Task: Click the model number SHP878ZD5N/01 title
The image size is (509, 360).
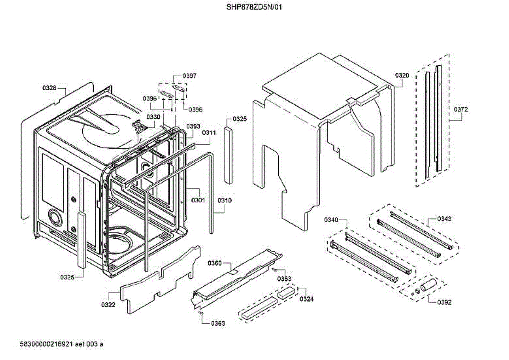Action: click(254, 7)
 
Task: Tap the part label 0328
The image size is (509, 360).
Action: click(49, 88)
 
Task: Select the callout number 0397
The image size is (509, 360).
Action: click(189, 75)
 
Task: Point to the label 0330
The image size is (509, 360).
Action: click(153, 117)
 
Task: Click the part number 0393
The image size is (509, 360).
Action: click(193, 126)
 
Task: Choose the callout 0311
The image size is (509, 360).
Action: click(209, 133)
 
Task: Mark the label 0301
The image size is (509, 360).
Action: click(198, 200)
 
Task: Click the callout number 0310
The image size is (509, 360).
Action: click(224, 200)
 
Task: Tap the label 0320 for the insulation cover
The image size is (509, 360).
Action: click(402, 75)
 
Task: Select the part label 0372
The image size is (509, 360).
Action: click(461, 109)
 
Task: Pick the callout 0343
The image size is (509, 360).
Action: click(444, 219)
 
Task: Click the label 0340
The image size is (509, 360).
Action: click(331, 220)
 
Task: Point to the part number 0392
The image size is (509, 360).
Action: click(444, 302)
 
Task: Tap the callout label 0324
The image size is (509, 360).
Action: click(307, 299)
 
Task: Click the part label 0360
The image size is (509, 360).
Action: click(215, 263)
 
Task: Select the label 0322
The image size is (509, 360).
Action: click(108, 304)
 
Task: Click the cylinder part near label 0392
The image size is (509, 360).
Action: click(428, 285)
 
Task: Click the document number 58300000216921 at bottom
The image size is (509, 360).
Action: click(46, 344)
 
